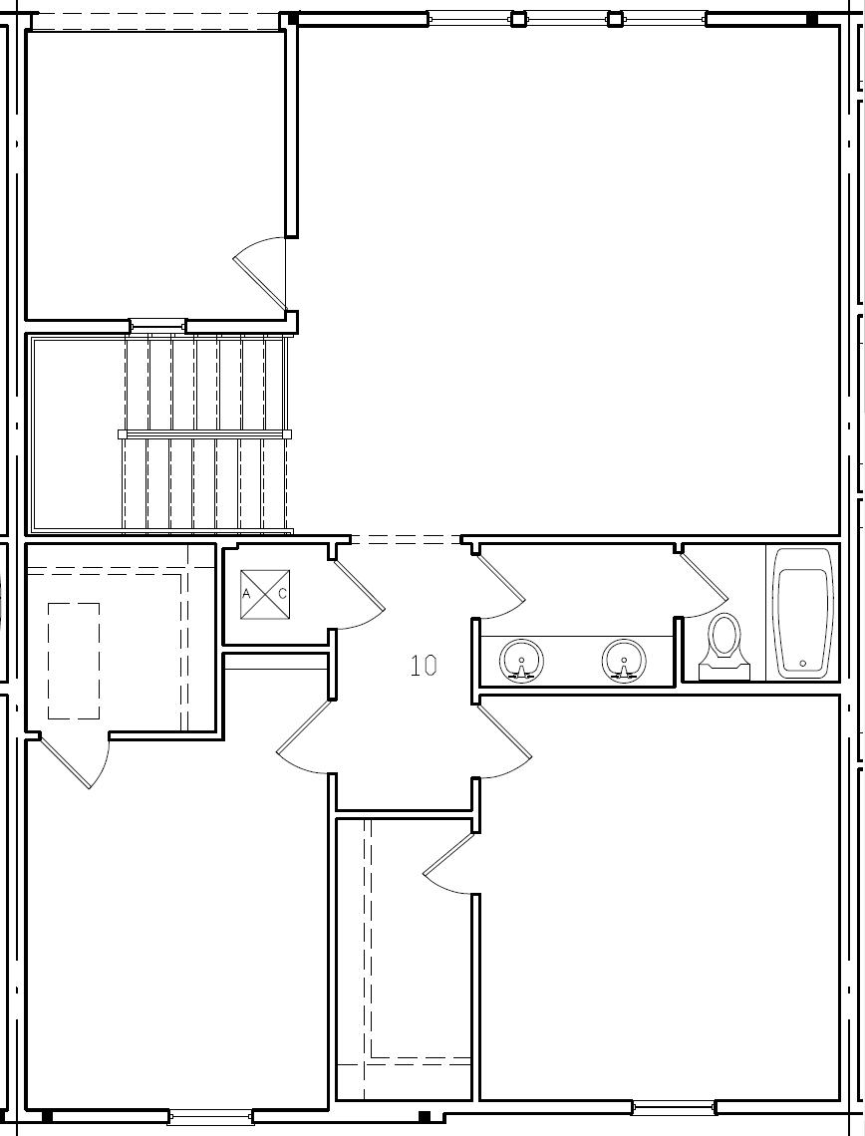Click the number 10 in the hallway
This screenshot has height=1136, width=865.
[424, 666]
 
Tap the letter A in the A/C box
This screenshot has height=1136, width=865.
[246, 594]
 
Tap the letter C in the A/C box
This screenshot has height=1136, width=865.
[282, 594]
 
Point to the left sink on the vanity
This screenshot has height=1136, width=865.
[521, 661]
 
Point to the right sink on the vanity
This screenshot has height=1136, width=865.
[624, 661]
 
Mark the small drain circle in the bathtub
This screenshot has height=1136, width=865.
[803, 663]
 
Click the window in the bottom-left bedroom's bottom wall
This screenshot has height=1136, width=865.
[210, 1117]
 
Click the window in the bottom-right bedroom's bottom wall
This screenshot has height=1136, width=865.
[674, 1107]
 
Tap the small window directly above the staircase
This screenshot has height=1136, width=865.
[157, 325]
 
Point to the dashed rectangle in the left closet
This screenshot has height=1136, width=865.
[74, 661]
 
